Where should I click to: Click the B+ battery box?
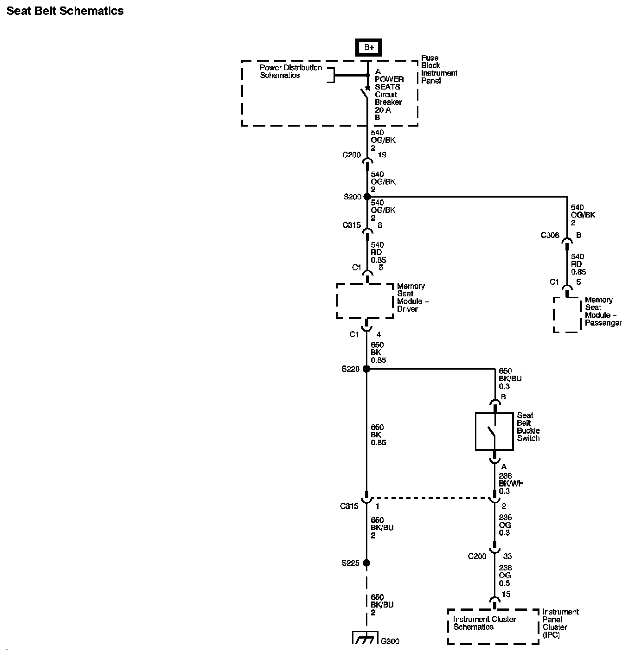click(x=368, y=47)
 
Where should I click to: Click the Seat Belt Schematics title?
click(x=65, y=11)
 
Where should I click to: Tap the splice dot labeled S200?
click(x=367, y=197)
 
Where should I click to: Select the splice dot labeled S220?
click(x=366, y=369)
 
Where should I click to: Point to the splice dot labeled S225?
click(x=366, y=563)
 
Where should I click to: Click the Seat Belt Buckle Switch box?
click(x=494, y=431)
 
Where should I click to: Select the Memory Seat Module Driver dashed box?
click(x=365, y=301)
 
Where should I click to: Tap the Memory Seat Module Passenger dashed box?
click(x=566, y=315)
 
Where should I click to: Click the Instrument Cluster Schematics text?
click(x=484, y=623)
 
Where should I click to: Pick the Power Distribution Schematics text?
click(x=291, y=71)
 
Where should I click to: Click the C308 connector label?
click(x=550, y=235)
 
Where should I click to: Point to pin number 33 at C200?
click(x=507, y=556)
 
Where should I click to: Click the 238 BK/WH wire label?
click(x=511, y=483)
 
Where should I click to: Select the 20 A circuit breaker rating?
click(x=383, y=110)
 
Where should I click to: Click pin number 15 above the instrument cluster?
click(x=506, y=594)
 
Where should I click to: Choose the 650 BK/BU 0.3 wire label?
click(x=510, y=378)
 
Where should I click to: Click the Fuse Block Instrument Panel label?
click(x=439, y=69)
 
